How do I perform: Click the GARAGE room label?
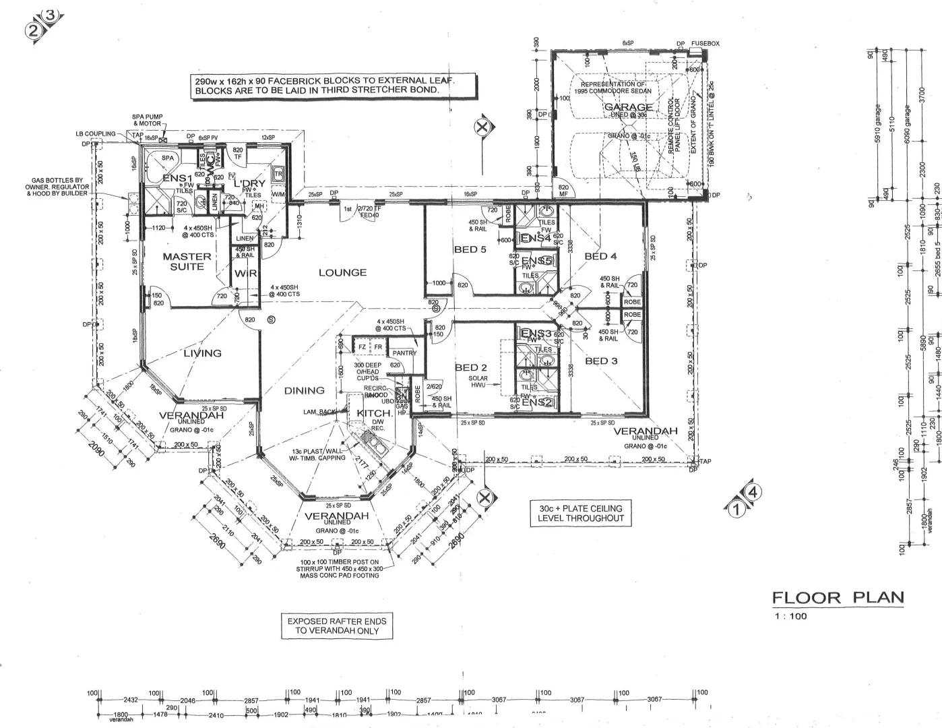[628, 107]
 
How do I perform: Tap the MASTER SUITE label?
[187, 262]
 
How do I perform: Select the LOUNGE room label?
[342, 272]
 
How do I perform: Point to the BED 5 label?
[470, 249]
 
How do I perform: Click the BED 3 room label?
[600, 361]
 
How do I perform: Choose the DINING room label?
[304, 390]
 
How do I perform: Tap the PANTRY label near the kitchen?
[404, 353]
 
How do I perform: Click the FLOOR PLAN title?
[838, 597]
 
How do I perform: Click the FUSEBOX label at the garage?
[705, 44]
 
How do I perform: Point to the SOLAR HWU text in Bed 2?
[478, 382]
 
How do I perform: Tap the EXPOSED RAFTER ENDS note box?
[337, 626]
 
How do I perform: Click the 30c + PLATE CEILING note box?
[580, 513]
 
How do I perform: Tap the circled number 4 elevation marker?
[753, 493]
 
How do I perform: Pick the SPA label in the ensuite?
[168, 158]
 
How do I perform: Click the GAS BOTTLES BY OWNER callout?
[57, 187]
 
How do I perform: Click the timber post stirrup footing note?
[337, 568]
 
